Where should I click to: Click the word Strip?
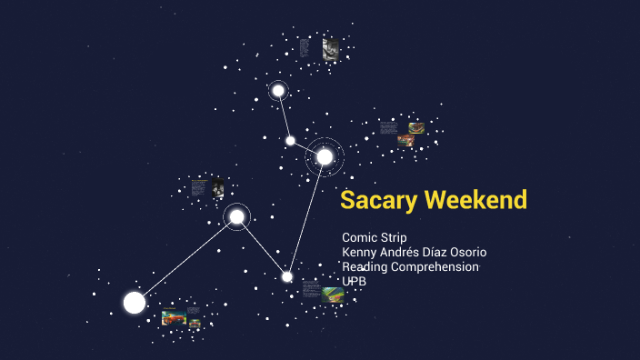[394, 237]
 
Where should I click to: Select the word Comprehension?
[435, 266]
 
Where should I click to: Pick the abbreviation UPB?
[354, 281]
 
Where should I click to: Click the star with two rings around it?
[325, 157]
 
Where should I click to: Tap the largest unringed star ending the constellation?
[135, 303]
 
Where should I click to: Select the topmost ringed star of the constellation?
[278, 90]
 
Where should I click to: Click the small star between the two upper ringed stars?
[290, 140]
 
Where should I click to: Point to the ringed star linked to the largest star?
[236, 216]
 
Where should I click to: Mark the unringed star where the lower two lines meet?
[287, 276]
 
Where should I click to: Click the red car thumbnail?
[174, 317]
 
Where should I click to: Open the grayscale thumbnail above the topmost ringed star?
[330, 49]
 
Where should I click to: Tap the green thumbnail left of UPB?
[333, 294]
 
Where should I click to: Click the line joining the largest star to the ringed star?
[186, 259]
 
